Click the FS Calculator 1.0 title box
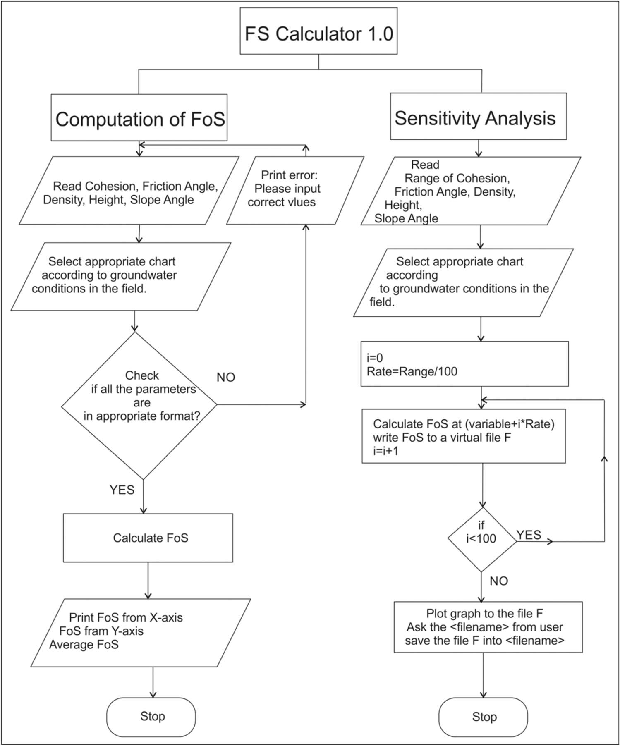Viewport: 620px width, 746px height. [x=318, y=33]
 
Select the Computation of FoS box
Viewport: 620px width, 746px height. [x=139, y=119]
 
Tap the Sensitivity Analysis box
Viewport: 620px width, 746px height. [x=478, y=118]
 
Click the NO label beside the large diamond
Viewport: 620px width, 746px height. [x=226, y=377]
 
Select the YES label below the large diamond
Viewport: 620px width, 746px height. [x=122, y=490]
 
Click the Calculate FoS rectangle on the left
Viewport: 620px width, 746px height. [x=148, y=538]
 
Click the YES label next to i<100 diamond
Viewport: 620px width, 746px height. [x=529, y=535]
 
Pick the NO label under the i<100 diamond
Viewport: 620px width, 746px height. [x=499, y=581]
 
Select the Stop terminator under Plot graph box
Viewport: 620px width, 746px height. [x=484, y=717]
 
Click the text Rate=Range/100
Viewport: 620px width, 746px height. [x=412, y=371]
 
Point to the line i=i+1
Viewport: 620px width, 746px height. [x=385, y=451]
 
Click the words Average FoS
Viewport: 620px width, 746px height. [x=84, y=644]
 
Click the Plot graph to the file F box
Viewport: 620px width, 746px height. [x=488, y=627]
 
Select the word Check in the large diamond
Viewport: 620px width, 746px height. [x=142, y=375]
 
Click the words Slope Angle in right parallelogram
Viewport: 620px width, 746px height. [x=406, y=218]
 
